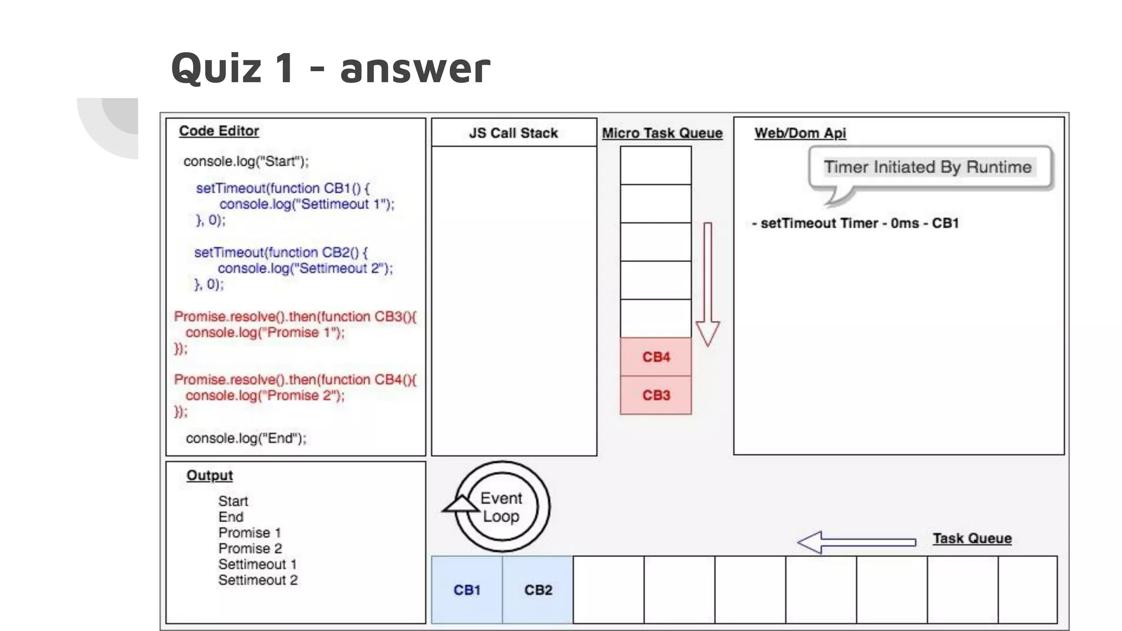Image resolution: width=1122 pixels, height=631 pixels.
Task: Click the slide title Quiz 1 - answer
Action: tap(330, 68)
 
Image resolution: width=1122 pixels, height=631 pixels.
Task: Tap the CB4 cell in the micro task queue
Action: tap(656, 357)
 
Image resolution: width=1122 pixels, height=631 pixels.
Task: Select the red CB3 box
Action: tap(656, 395)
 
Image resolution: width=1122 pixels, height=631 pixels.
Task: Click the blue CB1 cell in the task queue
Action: tap(467, 590)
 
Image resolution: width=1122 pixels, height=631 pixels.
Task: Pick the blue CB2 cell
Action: tap(538, 590)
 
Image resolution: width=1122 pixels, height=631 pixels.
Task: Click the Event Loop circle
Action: tap(501, 507)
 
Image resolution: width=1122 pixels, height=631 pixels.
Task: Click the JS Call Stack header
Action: tap(513, 133)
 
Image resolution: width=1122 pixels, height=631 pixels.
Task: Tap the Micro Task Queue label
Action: tap(662, 133)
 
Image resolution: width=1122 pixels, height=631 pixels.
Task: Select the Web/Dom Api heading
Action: tap(800, 133)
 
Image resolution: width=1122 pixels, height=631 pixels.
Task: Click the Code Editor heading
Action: tap(219, 131)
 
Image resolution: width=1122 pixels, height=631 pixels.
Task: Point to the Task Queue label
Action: tap(972, 538)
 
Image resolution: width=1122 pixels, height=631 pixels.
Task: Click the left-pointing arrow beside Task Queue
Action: tap(856, 542)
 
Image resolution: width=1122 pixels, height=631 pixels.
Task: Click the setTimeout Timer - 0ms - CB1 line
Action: tap(855, 223)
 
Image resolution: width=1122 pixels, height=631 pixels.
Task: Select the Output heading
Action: tap(209, 475)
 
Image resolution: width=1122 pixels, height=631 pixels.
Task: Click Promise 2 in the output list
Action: tap(250, 548)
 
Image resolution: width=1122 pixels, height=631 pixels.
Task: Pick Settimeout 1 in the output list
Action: tap(257, 564)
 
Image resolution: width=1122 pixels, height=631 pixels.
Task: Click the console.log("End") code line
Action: tap(246, 438)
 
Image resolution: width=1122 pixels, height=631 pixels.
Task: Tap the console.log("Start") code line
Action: tap(246, 162)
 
